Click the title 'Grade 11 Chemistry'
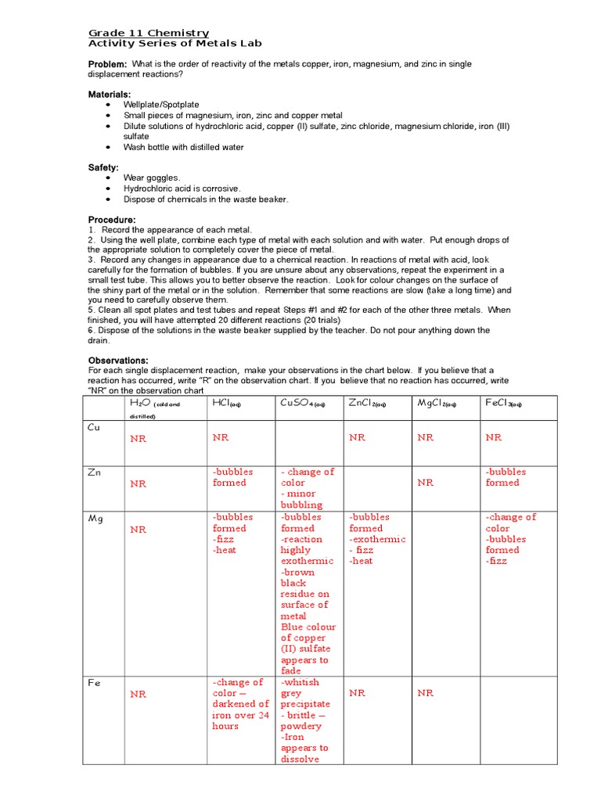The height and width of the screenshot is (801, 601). [148, 33]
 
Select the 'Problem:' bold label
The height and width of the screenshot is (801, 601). [106, 63]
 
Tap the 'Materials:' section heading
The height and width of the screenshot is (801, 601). [110, 94]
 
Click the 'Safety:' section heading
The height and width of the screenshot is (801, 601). [103, 167]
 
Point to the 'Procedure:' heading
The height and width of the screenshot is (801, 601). [111, 220]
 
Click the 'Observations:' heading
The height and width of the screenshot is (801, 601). [118, 360]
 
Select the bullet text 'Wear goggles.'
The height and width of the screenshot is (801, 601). [151, 178]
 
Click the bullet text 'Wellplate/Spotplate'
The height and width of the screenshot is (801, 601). [161, 105]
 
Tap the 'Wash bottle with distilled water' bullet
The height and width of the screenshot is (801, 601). [183, 147]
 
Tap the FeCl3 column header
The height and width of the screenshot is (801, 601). [508, 404]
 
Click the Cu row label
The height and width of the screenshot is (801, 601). [93, 427]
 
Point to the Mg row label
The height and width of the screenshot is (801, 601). [94, 518]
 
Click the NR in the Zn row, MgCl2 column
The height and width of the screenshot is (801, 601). [426, 483]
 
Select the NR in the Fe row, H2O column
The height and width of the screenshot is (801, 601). [139, 694]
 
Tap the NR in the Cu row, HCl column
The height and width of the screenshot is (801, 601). [221, 438]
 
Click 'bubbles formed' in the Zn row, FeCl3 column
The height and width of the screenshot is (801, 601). [506, 478]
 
